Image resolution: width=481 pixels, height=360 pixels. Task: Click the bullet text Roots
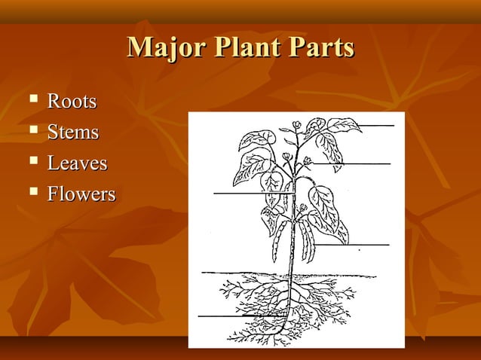pyautogui.click(x=72, y=101)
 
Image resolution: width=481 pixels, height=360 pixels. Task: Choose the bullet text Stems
pyautogui.click(x=73, y=133)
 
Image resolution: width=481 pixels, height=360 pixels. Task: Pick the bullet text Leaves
pyautogui.click(x=77, y=163)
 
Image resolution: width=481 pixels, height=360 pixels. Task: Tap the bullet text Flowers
pyautogui.click(x=81, y=194)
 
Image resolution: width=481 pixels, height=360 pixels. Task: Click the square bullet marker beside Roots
pyautogui.click(x=32, y=100)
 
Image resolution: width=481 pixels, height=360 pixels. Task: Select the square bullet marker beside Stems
pyautogui.click(x=32, y=132)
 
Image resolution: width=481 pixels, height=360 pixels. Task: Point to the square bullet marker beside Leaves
pyautogui.click(x=32, y=163)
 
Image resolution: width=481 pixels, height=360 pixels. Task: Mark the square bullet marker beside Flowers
pyautogui.click(x=32, y=194)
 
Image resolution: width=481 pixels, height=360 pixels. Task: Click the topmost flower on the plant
pyautogui.click(x=297, y=125)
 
